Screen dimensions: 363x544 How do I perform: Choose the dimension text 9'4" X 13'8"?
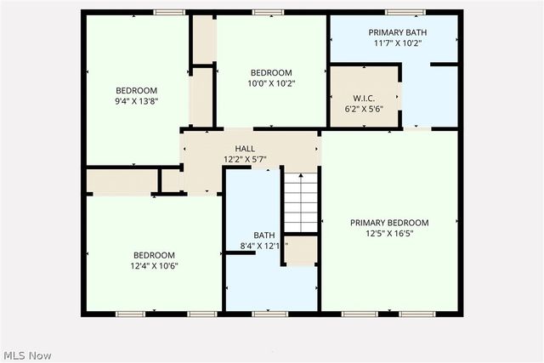[x=137, y=101]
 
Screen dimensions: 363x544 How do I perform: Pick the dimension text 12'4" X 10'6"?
[x=154, y=266]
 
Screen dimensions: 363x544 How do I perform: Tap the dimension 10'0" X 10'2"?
[x=271, y=83]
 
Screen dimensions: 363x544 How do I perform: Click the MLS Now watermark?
[x=27, y=354]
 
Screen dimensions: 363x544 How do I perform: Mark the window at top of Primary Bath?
[x=405, y=12]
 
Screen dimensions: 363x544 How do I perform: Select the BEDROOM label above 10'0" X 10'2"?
[x=271, y=73]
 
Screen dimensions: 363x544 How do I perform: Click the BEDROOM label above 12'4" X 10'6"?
[x=154, y=255]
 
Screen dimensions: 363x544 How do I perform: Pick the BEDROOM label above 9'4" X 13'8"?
[x=137, y=91]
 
